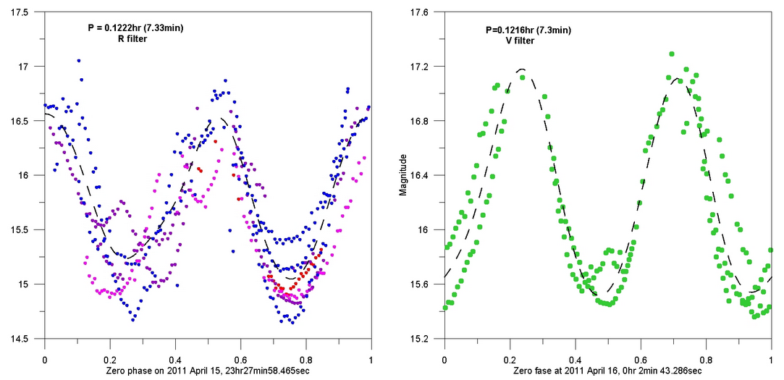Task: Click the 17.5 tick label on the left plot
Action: click(x=19, y=12)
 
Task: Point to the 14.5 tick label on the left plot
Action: click(x=19, y=339)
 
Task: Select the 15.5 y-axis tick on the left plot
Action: click(x=19, y=230)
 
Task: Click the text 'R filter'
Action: click(x=132, y=38)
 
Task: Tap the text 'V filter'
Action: click(x=520, y=41)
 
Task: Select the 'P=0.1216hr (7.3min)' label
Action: click(x=528, y=30)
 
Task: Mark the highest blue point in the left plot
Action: click(x=79, y=61)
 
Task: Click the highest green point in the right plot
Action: click(x=672, y=54)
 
